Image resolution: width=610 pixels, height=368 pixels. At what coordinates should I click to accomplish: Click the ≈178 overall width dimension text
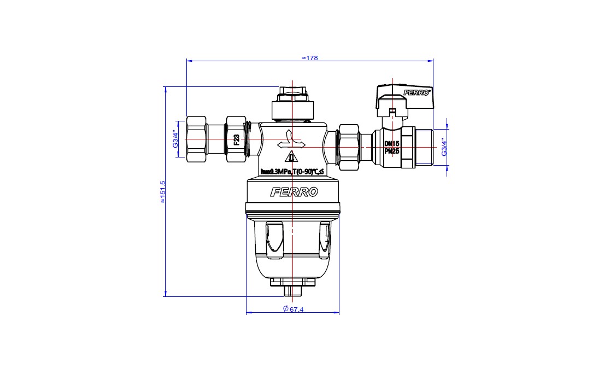[309, 57]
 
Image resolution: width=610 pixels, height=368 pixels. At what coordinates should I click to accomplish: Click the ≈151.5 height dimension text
[162, 191]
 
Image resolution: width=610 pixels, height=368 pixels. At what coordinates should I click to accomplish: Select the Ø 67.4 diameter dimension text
[294, 309]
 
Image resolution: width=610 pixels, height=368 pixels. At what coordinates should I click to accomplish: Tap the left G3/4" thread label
[175, 139]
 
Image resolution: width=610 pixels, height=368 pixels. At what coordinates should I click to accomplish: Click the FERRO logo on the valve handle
[417, 92]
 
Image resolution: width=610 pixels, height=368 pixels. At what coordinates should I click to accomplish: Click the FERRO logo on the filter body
[294, 192]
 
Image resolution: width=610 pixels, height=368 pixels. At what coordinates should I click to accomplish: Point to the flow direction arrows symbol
[291, 141]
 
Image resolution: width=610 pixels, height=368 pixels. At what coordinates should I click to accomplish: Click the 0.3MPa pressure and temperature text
[292, 172]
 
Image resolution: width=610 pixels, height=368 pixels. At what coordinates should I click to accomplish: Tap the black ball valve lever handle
[403, 97]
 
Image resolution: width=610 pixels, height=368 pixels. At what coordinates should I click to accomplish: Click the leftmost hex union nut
[196, 139]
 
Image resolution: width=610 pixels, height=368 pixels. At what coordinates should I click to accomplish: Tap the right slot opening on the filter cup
[325, 238]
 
